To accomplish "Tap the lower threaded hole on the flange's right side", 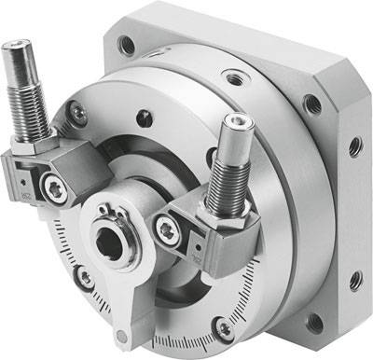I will pos(353,278).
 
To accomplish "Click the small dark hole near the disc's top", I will pos(143,119).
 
